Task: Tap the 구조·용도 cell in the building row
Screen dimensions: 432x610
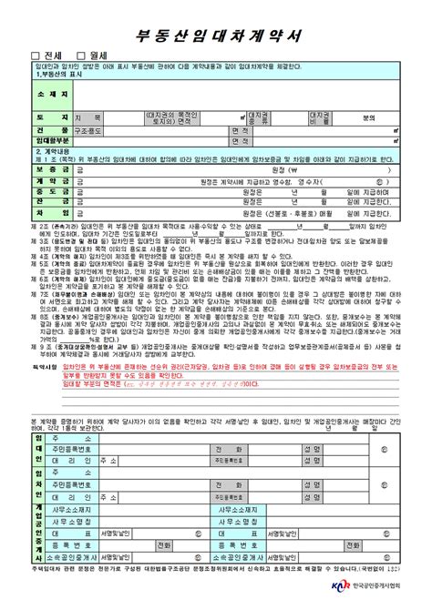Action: pos(88,131)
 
